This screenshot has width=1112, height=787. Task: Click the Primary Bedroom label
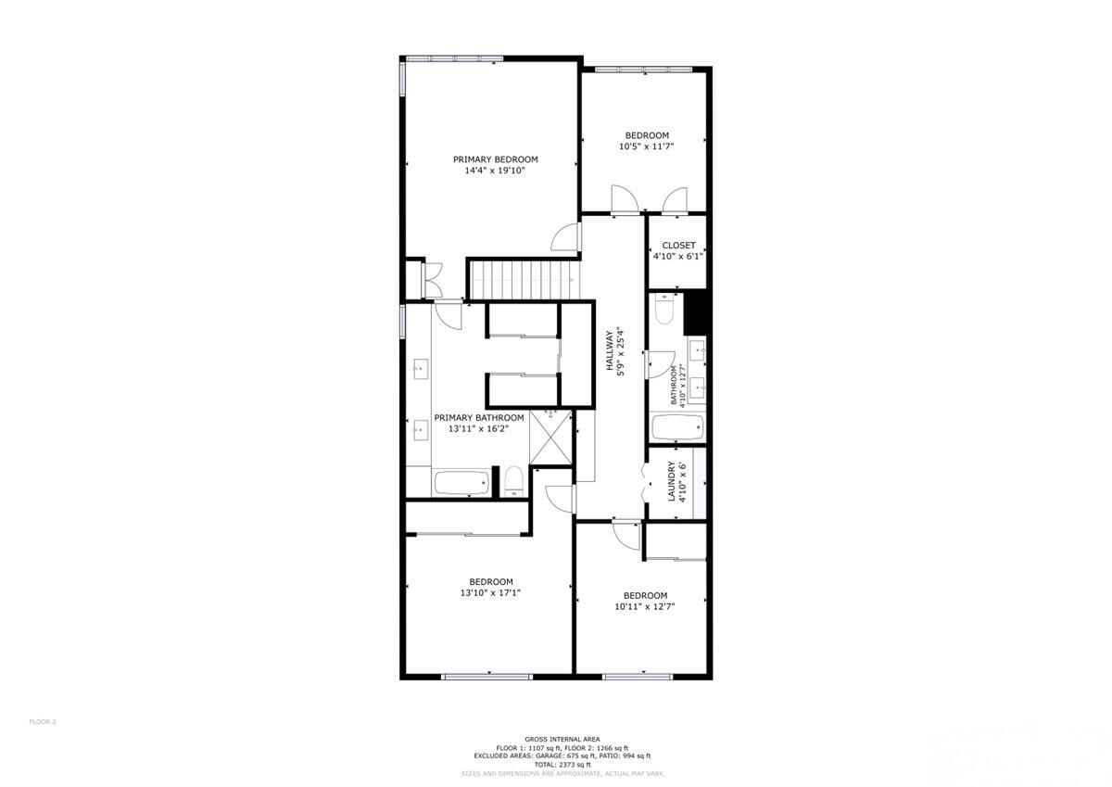coord(495,159)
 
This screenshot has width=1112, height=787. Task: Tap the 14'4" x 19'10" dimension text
coord(495,171)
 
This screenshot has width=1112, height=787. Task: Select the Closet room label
coord(678,246)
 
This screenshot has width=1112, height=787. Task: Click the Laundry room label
coord(673,482)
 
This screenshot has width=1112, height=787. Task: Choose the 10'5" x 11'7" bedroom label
coord(646,135)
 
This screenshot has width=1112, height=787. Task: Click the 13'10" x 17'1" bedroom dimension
coord(490,593)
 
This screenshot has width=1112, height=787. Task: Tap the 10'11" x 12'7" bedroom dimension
coord(644,607)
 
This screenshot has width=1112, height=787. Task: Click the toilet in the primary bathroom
coord(513,481)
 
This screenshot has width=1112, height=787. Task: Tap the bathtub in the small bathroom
coord(677,428)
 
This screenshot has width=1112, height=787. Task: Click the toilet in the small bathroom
coord(664,310)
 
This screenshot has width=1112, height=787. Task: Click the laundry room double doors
coord(647,482)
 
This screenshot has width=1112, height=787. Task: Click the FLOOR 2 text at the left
coord(44,721)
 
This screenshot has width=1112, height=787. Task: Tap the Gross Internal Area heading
coord(556,740)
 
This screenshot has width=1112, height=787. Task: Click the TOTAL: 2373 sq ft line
coord(556,764)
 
